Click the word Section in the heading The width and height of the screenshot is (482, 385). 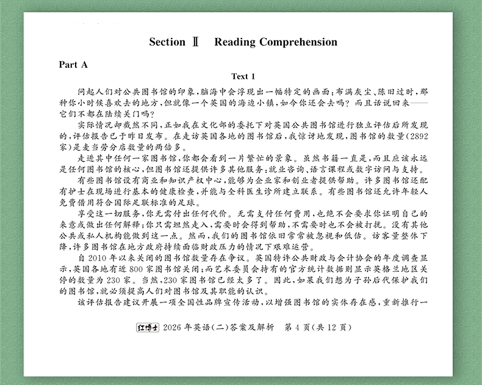(x=167, y=42)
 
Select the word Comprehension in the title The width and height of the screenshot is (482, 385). (x=298, y=42)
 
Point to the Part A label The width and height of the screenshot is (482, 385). (x=73, y=64)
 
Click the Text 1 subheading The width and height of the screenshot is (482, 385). (x=240, y=76)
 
